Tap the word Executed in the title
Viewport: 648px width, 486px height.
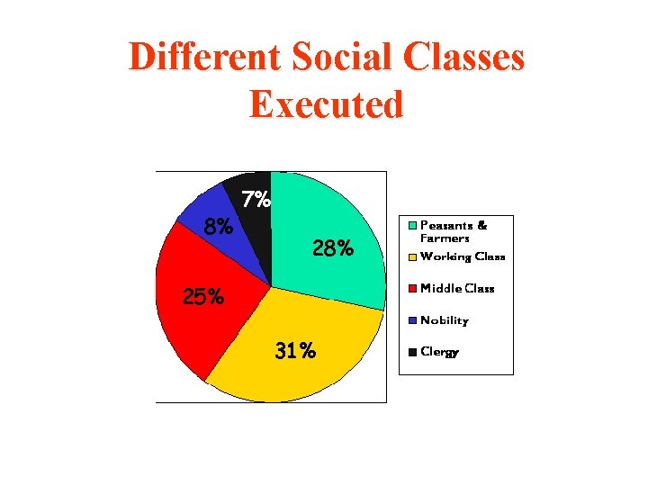[x=326, y=104]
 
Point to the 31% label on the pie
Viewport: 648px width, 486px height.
[x=295, y=351]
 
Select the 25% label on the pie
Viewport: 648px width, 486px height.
[x=203, y=296]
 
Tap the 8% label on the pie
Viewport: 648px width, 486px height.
[x=219, y=227]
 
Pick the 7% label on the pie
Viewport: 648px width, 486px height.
[x=256, y=200]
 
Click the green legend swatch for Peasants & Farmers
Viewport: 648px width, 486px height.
[x=413, y=225]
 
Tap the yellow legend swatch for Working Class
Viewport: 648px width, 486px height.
[x=413, y=257]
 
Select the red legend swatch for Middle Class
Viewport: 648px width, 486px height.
[x=413, y=289]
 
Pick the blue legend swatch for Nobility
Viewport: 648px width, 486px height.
[x=413, y=320]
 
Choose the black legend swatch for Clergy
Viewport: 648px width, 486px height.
[x=413, y=352]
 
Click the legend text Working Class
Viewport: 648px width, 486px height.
[x=463, y=257]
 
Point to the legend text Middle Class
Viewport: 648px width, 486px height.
[x=457, y=289]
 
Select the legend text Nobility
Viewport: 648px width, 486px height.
[x=445, y=320]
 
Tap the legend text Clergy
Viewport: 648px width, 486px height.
[x=440, y=353]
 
